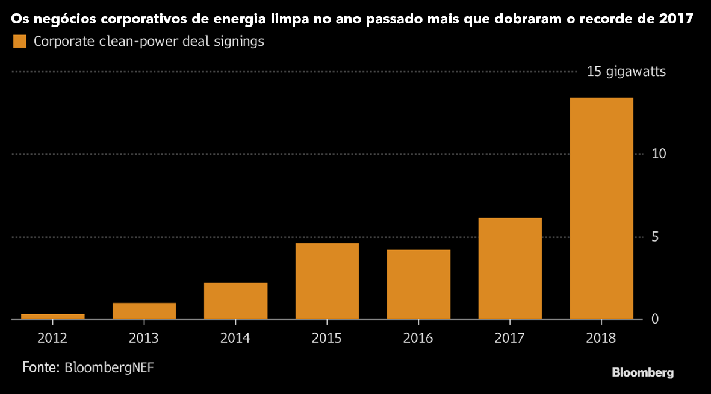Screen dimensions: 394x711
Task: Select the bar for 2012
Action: point(52,316)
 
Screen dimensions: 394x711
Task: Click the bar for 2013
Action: point(144,311)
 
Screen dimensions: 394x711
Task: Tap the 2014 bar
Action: point(235,301)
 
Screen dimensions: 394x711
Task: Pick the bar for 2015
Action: point(327,281)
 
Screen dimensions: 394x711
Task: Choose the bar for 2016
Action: point(418,284)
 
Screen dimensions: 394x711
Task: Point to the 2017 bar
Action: point(510,268)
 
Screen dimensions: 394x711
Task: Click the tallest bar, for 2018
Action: point(601,208)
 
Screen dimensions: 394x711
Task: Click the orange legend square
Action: point(20,42)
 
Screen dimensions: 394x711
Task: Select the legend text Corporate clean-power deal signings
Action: point(149,42)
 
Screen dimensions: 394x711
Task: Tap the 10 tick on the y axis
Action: point(659,154)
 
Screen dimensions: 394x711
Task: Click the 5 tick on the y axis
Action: point(656,237)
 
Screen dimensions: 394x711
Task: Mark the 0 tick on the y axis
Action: point(655,319)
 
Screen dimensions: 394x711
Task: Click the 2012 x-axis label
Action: point(52,338)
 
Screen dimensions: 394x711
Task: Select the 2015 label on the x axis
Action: point(327,338)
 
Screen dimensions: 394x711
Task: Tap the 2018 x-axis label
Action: point(601,338)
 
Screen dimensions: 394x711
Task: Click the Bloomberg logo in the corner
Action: point(642,372)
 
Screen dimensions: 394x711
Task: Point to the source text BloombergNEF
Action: point(109,367)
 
